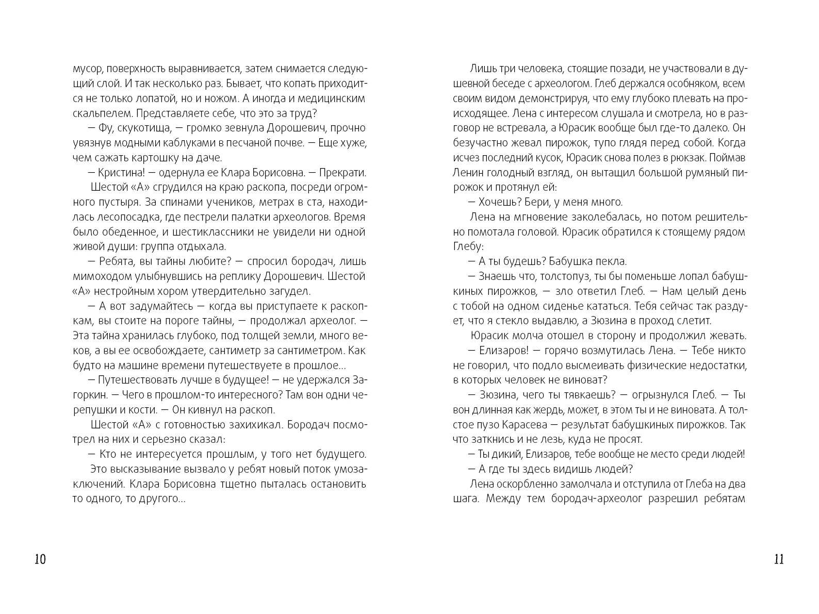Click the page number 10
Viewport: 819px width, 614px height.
click(x=40, y=559)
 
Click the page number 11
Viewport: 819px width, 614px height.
click(x=779, y=559)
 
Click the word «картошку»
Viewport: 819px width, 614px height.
click(x=157, y=158)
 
